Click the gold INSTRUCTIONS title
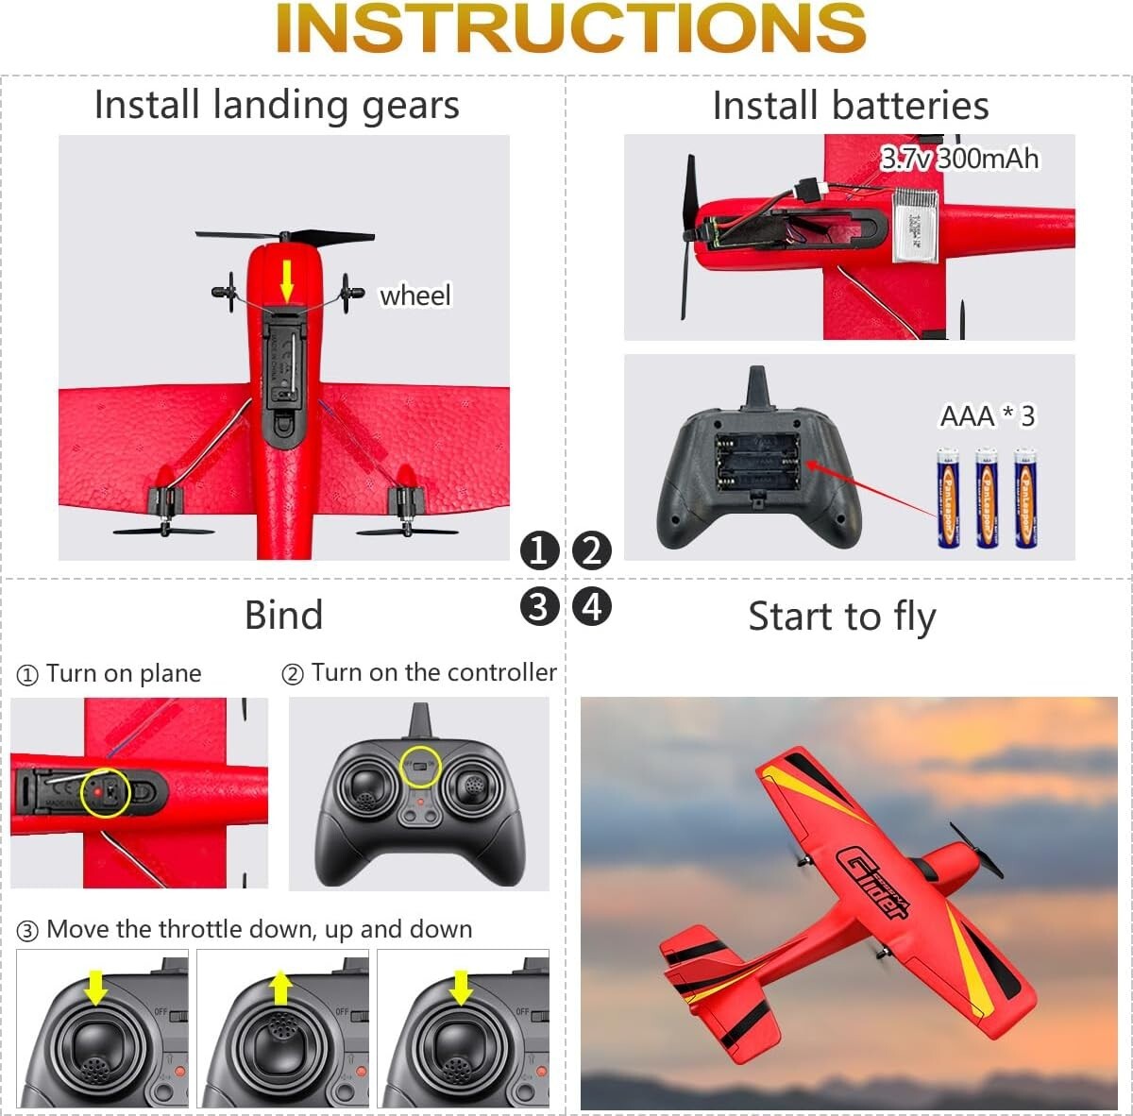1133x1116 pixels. point(570,28)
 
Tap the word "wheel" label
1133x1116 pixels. point(414,296)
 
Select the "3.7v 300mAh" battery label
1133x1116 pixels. point(959,158)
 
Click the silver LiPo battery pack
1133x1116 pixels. point(916,225)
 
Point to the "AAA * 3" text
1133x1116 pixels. point(987,415)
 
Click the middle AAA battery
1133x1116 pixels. point(987,498)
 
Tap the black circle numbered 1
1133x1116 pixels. point(539,550)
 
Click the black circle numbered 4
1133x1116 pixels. point(592,606)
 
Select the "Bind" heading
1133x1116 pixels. point(283,615)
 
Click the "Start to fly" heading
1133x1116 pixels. point(841,617)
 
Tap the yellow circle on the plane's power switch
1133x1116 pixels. point(105,793)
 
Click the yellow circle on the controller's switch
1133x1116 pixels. point(420,766)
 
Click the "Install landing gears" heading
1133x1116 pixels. point(277,105)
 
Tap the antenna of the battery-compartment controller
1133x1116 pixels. point(757,386)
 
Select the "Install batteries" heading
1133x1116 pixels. point(850,105)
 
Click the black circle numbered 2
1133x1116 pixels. point(592,550)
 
